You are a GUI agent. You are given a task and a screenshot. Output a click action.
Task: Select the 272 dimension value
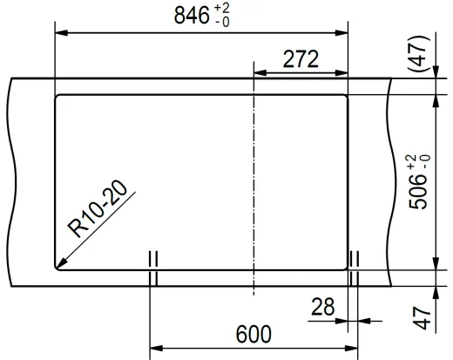click(301, 59)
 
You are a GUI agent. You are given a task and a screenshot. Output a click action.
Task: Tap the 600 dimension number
click(254, 335)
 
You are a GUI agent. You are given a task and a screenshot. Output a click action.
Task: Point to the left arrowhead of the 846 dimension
click(60, 33)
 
